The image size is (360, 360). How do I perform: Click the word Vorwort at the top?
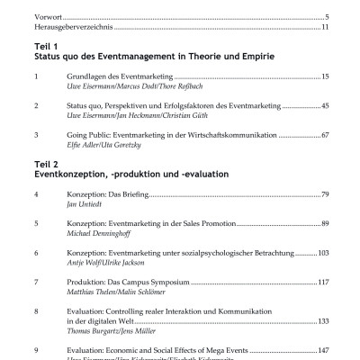(x=42, y=17)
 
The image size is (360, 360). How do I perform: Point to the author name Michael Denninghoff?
(x=101, y=232)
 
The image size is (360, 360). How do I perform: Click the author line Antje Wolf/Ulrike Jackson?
(x=104, y=265)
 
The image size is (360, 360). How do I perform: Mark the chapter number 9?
(x=35, y=348)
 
